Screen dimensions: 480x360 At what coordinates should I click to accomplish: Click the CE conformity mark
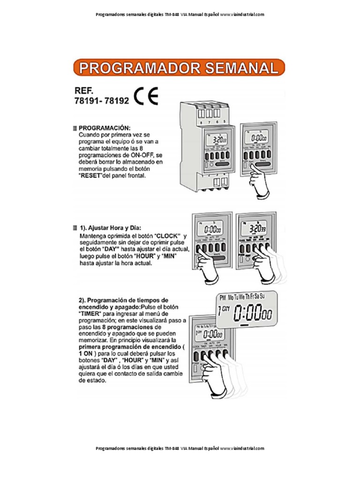pos(146,97)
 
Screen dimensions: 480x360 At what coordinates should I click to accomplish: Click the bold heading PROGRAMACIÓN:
pos(105,127)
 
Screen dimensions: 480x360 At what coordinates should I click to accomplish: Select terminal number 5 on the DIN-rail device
pos(225,122)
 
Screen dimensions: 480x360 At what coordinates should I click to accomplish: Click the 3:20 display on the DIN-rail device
pos(218,140)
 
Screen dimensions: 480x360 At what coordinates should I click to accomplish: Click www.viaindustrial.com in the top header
pos(242,14)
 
